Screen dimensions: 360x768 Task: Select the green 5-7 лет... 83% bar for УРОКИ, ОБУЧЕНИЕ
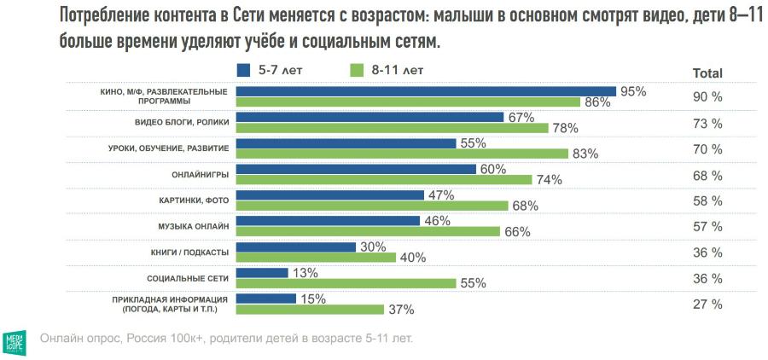[x=402, y=154]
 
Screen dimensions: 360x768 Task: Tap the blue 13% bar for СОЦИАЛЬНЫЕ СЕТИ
[x=263, y=273]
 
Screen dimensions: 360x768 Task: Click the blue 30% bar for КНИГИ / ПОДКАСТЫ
[x=295, y=247]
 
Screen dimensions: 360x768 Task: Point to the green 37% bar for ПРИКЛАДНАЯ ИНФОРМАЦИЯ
[x=311, y=309]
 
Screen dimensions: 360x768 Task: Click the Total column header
[x=707, y=73]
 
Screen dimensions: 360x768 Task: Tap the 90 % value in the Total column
[x=707, y=98]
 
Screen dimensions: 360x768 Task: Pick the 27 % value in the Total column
[x=707, y=304]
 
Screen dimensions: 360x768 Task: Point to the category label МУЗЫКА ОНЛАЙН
[x=194, y=226]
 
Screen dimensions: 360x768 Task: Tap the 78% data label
[x=565, y=129]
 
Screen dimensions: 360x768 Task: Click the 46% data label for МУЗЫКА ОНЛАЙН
[x=438, y=221]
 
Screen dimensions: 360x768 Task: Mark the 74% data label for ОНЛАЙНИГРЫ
[x=549, y=180]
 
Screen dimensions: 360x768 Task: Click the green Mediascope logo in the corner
[x=16, y=339]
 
